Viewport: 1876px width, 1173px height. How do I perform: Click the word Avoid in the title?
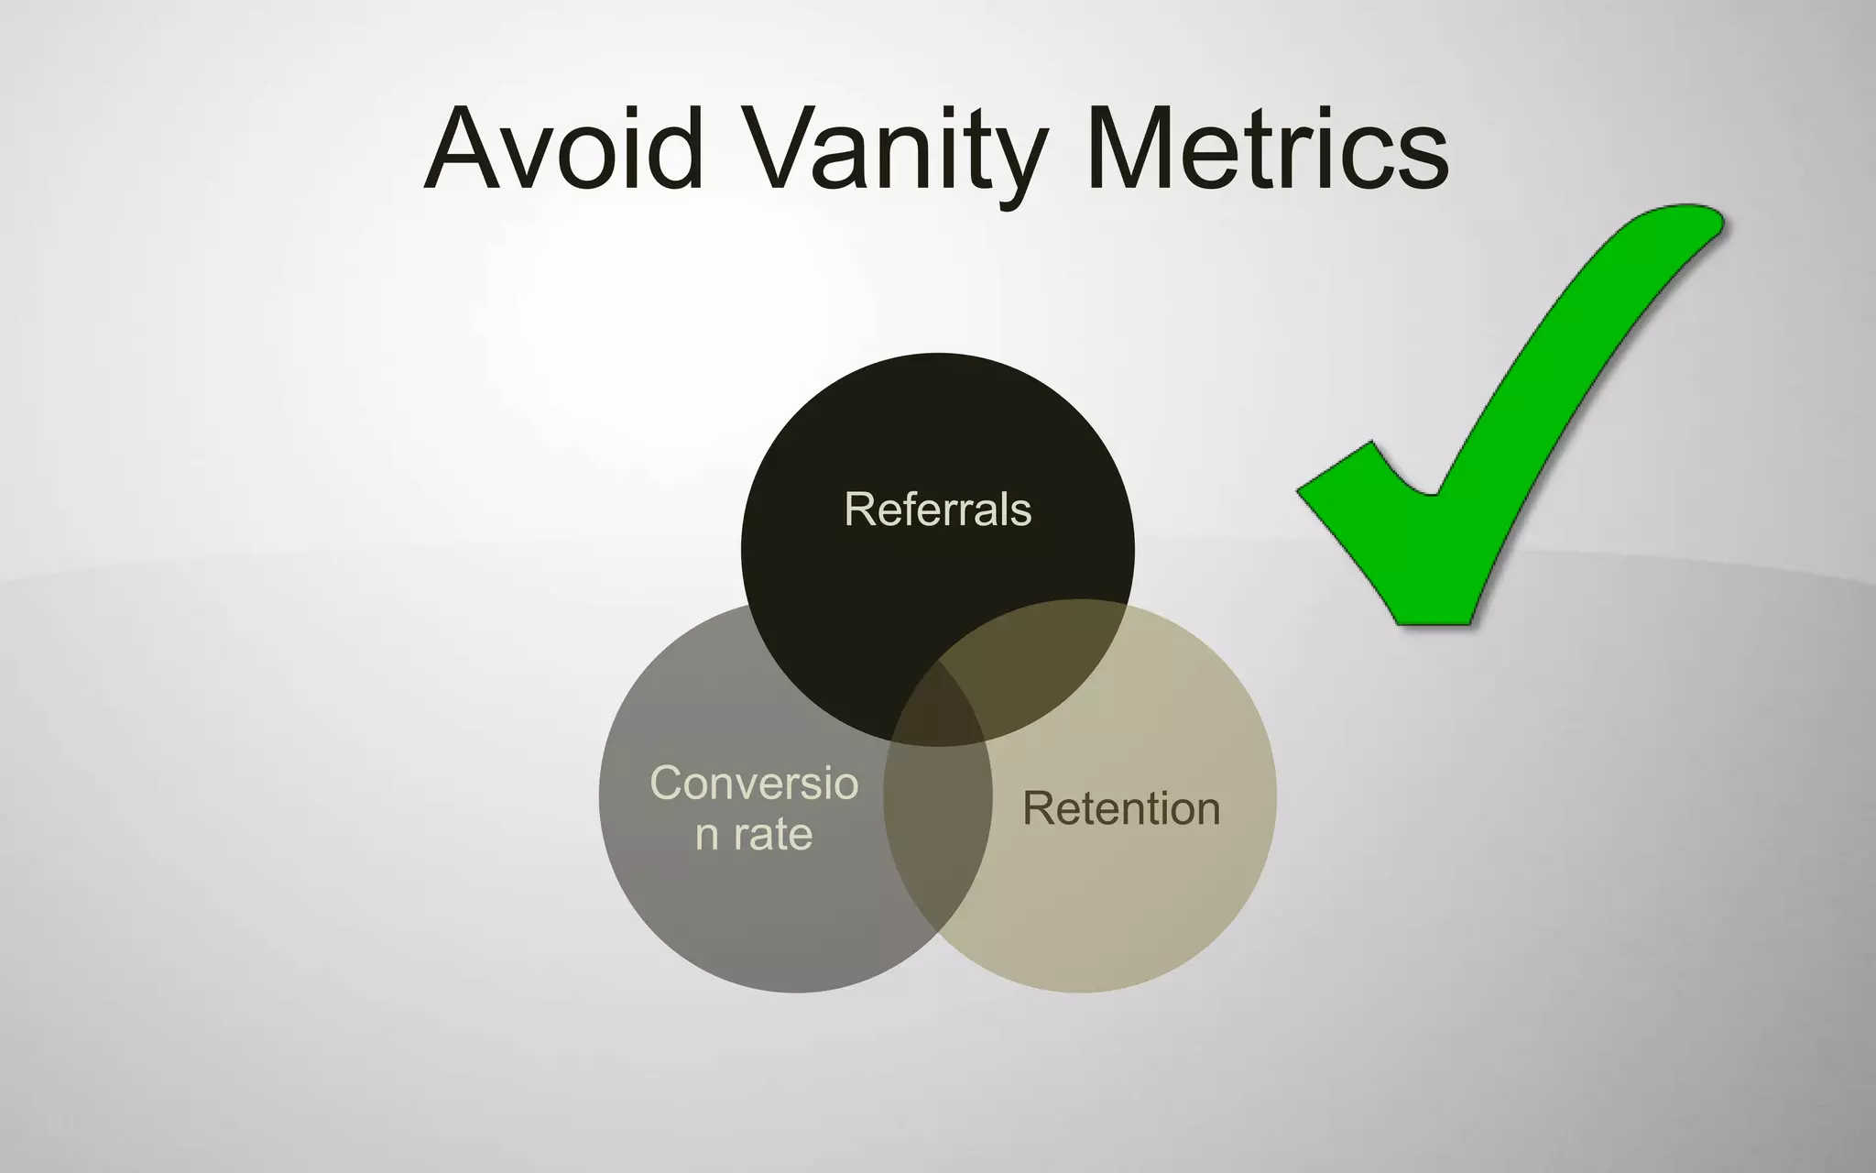pos(563,148)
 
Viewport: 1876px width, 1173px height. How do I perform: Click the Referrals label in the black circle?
pos(937,510)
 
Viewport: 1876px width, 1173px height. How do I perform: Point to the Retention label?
pos(1121,808)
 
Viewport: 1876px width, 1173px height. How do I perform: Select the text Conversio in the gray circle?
pos(754,784)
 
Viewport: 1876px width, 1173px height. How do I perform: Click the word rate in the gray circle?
pos(773,835)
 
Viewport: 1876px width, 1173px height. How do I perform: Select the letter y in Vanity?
pos(1017,160)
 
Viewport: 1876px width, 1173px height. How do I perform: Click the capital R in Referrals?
pos(858,510)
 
